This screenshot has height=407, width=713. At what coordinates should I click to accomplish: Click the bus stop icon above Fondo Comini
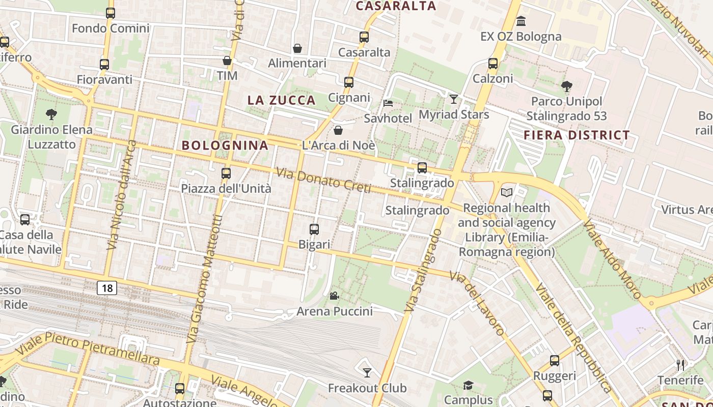[111, 13]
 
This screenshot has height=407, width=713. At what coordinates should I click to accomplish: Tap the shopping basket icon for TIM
[227, 61]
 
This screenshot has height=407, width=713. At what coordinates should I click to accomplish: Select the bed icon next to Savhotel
[388, 103]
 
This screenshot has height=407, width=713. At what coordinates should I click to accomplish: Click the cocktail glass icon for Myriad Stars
[454, 99]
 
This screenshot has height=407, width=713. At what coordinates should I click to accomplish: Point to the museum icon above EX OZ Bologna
[521, 21]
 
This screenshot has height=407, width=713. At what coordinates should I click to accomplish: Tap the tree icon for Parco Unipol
[566, 87]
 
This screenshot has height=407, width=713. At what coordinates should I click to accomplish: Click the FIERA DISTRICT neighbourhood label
[577, 135]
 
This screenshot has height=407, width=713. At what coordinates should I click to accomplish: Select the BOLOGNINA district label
[225, 146]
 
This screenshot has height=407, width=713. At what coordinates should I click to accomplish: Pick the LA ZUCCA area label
[282, 100]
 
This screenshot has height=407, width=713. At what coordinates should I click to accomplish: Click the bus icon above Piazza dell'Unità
[226, 173]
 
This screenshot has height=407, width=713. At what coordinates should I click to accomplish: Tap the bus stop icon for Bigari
[314, 229]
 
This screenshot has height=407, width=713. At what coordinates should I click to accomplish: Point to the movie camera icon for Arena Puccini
[335, 296]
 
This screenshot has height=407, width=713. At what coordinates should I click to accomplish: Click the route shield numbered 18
[107, 288]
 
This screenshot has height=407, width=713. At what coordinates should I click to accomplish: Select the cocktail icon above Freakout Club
[367, 373]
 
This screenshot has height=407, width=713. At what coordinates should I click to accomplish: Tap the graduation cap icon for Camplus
[468, 385]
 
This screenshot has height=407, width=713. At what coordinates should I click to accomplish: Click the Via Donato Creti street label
[323, 181]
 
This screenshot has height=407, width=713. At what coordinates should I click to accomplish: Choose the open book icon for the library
[507, 192]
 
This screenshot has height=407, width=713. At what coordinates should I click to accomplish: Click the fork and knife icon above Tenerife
[680, 365]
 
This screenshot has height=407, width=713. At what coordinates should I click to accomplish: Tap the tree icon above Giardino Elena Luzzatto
[51, 114]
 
